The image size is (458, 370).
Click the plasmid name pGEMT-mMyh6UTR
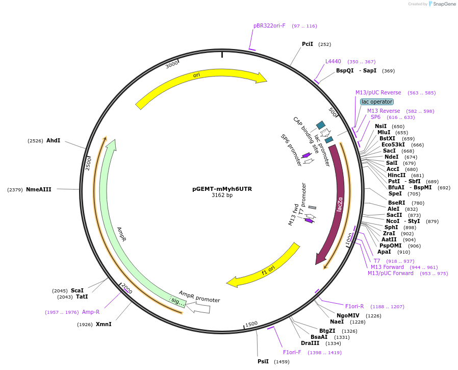pos(222,189)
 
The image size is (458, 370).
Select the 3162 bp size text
pos(222,195)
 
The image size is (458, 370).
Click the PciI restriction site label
pos(308,44)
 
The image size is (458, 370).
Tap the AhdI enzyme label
pos(53,140)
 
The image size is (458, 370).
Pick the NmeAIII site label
pos(39,189)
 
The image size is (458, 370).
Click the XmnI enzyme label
pos(104,324)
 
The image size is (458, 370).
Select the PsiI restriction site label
pos(263,361)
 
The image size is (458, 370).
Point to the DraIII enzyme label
pos(310,343)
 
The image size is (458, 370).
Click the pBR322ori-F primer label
pos(269,26)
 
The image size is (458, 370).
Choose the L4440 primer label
pos(334,61)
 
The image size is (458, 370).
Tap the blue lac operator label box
pos(376,102)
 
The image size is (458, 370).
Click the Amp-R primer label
pos(91,312)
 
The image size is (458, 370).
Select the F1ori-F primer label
pos(292,352)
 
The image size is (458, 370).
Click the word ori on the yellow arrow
pos(196,75)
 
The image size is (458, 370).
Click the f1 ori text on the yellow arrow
pos(268,270)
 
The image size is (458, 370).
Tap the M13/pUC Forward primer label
pos(391,273)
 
